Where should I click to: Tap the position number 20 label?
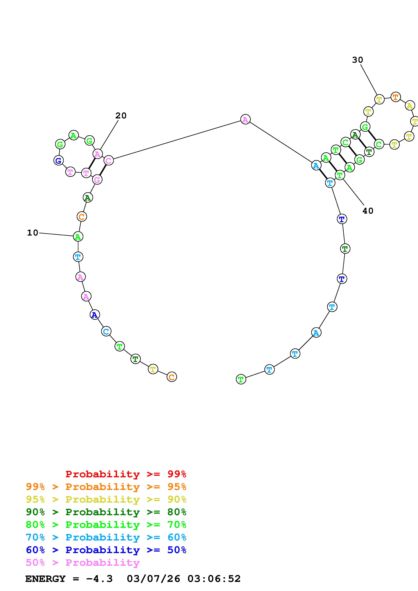[121, 116]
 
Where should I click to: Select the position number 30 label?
[357, 60]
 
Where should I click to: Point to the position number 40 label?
[368, 211]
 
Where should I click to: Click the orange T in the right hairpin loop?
[396, 97]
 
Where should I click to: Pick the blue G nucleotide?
[59, 161]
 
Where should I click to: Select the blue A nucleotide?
[95, 315]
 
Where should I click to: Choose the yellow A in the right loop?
[410, 105]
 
